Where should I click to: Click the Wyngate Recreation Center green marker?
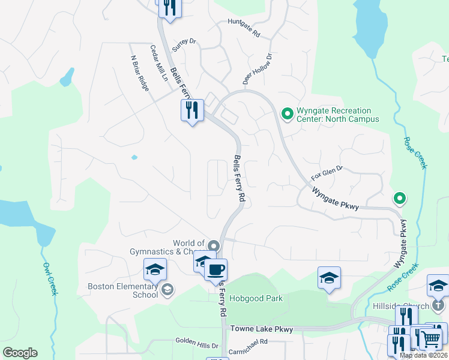point(287,113)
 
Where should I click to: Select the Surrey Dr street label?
point(184,45)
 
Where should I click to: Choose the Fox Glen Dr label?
point(327,173)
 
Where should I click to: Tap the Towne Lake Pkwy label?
point(262,329)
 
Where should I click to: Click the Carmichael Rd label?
point(247,341)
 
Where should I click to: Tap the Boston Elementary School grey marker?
point(167,290)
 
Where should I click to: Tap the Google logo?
point(20,353)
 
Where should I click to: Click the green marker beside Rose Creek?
point(399,198)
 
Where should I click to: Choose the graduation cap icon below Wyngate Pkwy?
point(329,278)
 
